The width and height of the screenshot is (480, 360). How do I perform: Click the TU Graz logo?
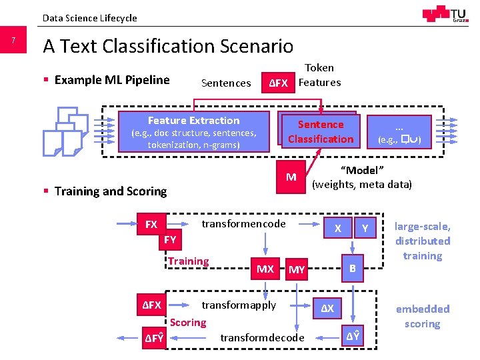coord(444,15)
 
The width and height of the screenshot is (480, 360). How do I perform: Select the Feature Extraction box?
coord(193,133)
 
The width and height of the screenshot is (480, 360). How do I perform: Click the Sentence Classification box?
coord(320,131)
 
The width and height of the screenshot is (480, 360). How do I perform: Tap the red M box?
coord(291,177)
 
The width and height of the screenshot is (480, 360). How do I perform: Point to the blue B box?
coord(353,269)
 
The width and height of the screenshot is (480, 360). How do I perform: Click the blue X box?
coord(338,229)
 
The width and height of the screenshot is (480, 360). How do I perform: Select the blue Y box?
coord(365,229)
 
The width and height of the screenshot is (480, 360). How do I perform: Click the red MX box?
coord(265,269)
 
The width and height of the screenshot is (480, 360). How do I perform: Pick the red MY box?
coord(296,269)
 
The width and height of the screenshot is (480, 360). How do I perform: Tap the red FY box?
coord(170,240)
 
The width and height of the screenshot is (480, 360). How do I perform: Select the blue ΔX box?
coord(328,309)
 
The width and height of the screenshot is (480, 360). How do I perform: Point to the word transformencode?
coord(243,224)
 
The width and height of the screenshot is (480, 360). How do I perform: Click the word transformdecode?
coord(262,337)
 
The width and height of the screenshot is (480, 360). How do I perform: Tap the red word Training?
coord(189,261)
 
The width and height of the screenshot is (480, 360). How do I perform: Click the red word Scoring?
coord(188,323)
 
